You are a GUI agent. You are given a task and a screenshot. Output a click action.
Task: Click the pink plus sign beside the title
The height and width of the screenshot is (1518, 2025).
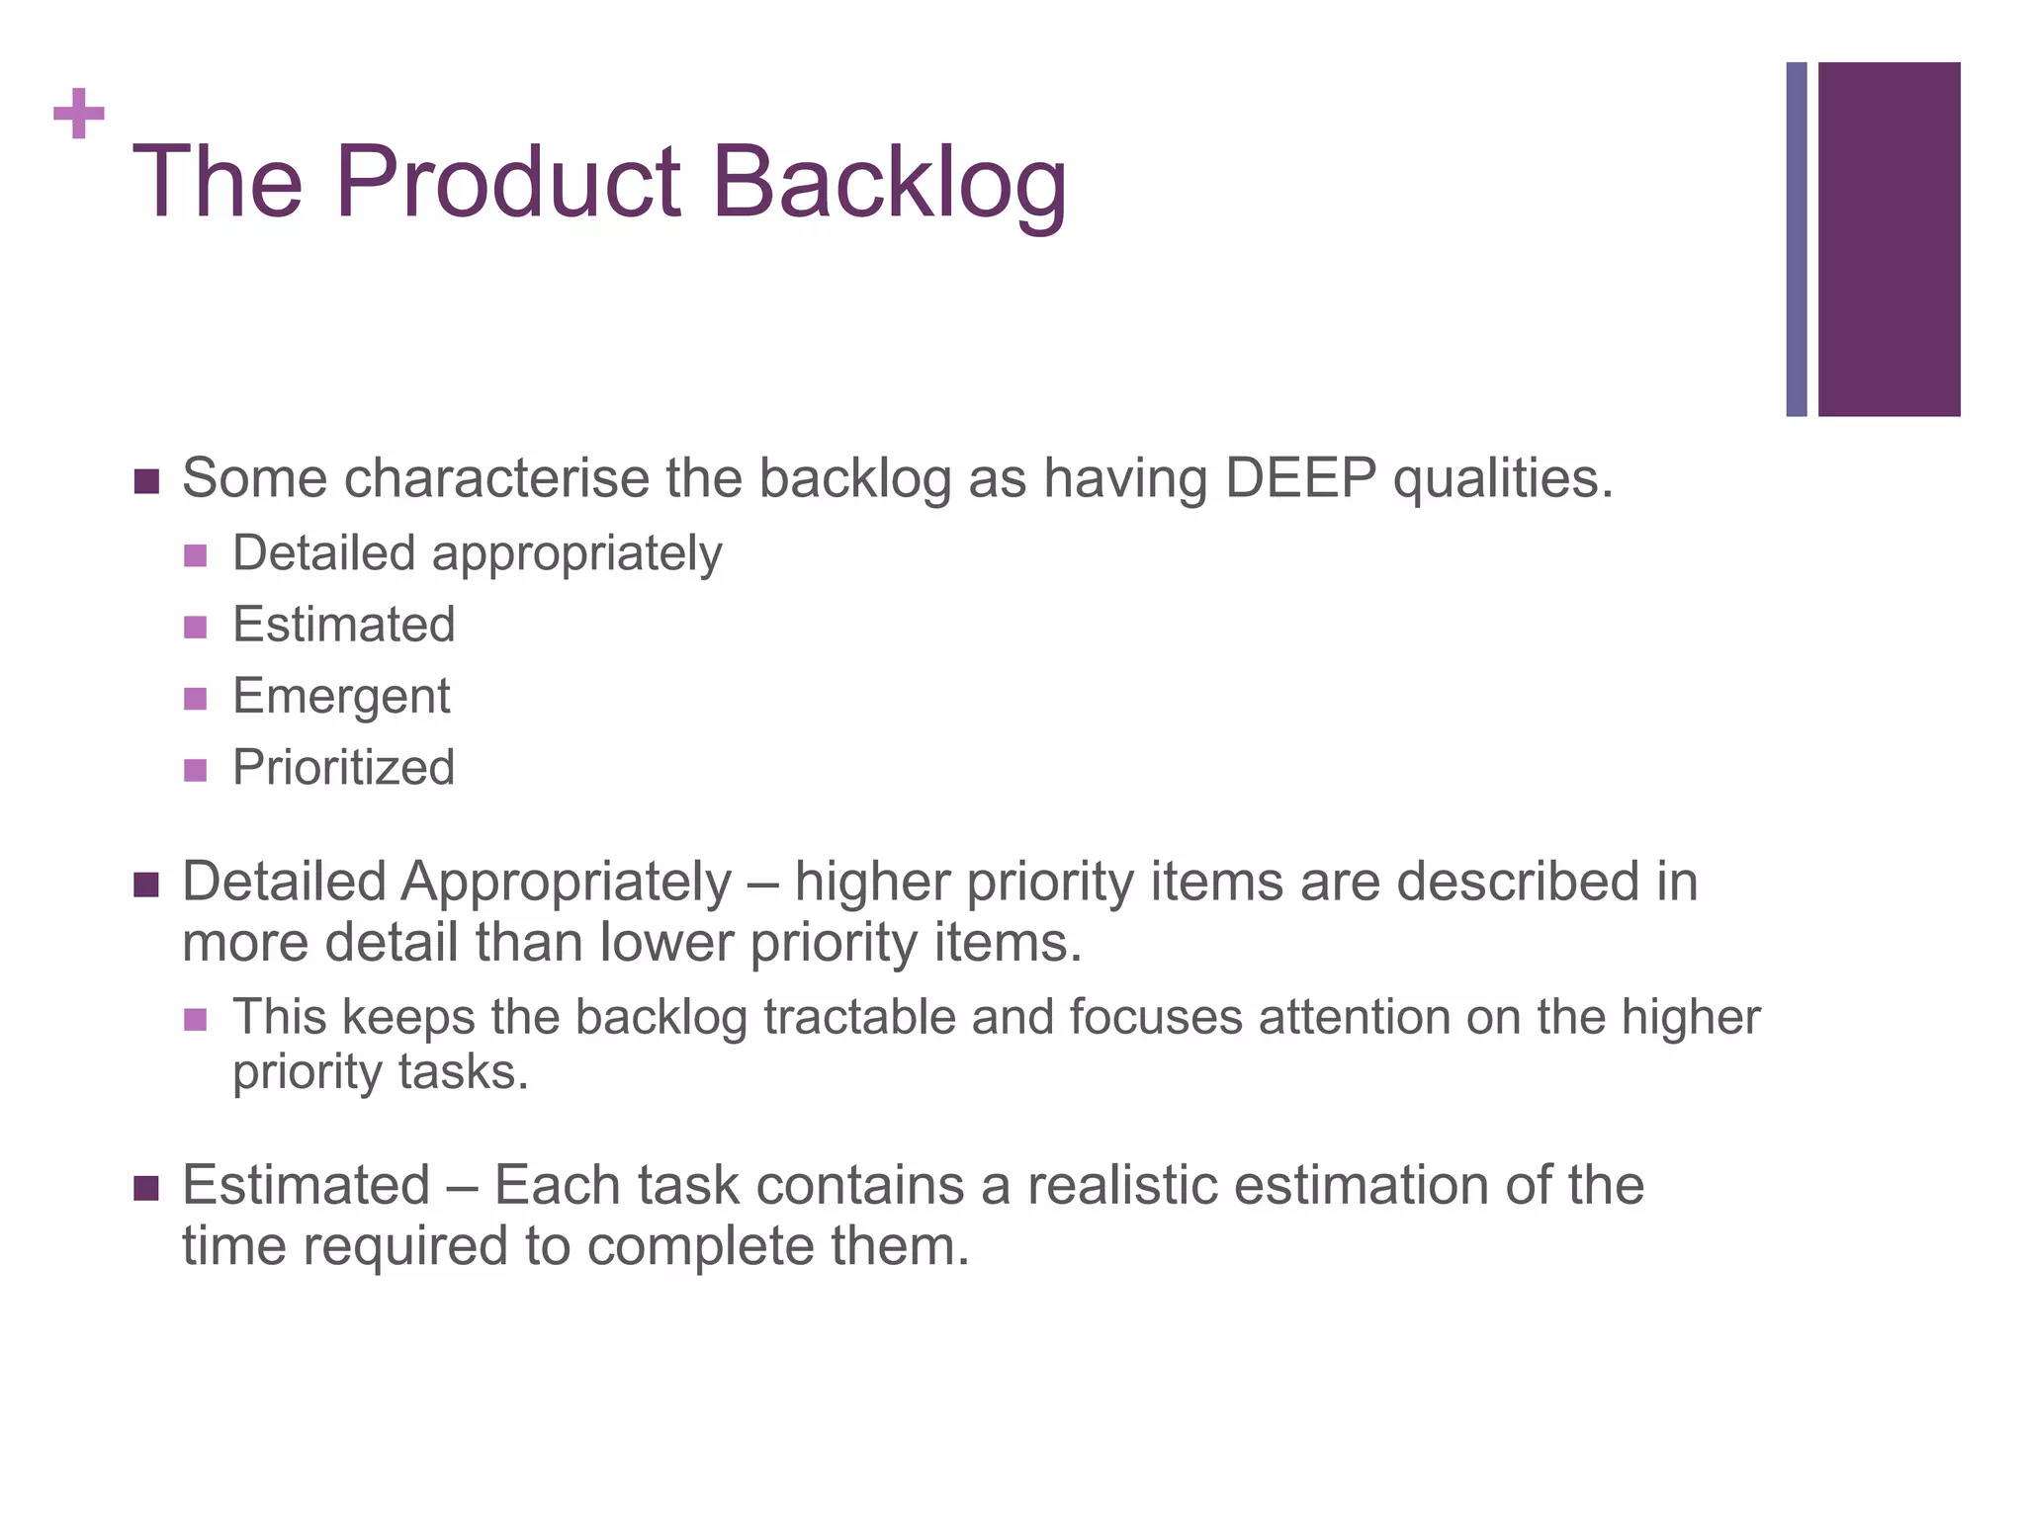click(x=79, y=115)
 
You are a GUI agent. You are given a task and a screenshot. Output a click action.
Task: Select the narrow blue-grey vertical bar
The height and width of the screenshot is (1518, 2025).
click(x=1796, y=239)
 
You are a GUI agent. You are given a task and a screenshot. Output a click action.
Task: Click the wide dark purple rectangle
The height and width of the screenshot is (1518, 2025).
click(x=1889, y=239)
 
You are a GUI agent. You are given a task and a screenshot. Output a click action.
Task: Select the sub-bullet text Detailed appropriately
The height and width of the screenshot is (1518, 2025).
click(x=477, y=553)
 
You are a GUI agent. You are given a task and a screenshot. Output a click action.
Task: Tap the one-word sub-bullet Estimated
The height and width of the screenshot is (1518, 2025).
click(x=343, y=625)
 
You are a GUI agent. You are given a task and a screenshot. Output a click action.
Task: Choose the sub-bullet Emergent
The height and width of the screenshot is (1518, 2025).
click(x=341, y=697)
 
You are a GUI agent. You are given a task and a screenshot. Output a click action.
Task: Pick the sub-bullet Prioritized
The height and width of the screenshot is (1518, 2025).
click(x=343, y=768)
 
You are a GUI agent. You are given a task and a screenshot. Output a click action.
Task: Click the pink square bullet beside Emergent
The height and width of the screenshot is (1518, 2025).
click(x=195, y=699)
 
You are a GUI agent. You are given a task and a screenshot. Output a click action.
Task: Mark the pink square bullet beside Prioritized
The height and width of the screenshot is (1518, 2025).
click(x=195, y=770)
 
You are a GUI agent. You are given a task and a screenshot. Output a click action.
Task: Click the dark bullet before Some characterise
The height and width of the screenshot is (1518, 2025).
click(x=145, y=482)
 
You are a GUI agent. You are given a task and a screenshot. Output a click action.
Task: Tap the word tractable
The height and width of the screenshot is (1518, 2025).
click(x=859, y=1017)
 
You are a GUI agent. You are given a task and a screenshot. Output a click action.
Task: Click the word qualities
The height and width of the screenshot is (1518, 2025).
click(x=1502, y=480)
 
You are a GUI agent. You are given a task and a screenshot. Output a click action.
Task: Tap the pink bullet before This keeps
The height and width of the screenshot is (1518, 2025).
click(x=195, y=1019)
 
